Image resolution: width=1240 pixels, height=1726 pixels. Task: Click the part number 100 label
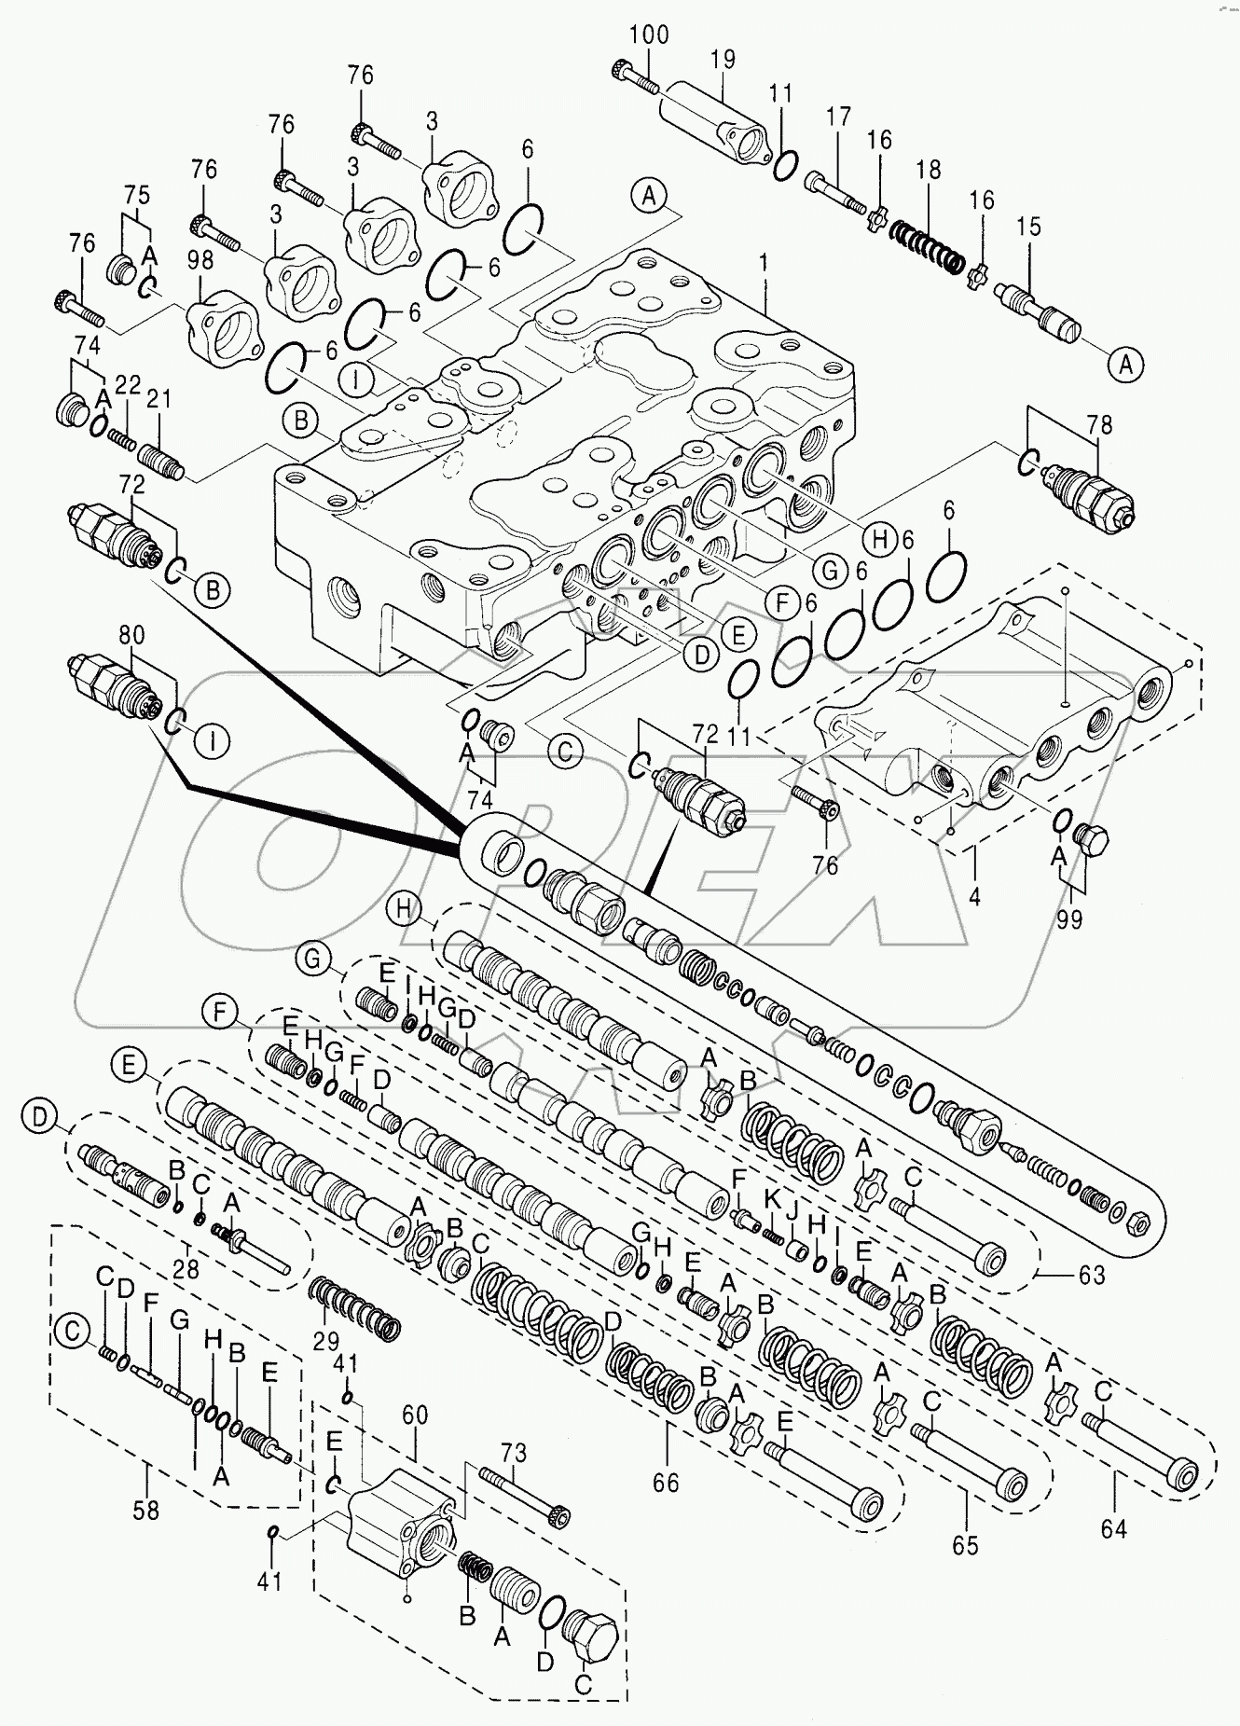(x=648, y=35)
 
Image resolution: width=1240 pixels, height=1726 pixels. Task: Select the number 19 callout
(x=723, y=60)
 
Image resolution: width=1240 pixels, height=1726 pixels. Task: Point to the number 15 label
(x=1028, y=226)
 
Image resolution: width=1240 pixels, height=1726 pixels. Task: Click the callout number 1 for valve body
(x=764, y=263)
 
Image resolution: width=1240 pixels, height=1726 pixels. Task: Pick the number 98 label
(x=200, y=261)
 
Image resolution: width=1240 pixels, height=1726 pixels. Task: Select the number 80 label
(x=131, y=635)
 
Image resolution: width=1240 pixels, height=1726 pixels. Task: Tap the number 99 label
(x=1069, y=918)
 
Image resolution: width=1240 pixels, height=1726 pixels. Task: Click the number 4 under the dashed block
(x=974, y=897)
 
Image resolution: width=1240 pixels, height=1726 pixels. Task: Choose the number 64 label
(x=1113, y=1528)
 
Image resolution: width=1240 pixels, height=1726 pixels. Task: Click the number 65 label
(x=965, y=1545)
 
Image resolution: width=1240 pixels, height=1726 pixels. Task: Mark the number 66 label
(x=666, y=1483)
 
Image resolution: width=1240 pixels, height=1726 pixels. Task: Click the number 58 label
(x=146, y=1510)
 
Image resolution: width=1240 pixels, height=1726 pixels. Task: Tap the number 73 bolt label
(x=513, y=1453)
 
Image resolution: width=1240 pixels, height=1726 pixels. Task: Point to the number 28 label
(x=186, y=1269)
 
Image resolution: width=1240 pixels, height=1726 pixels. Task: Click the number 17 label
(x=838, y=117)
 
